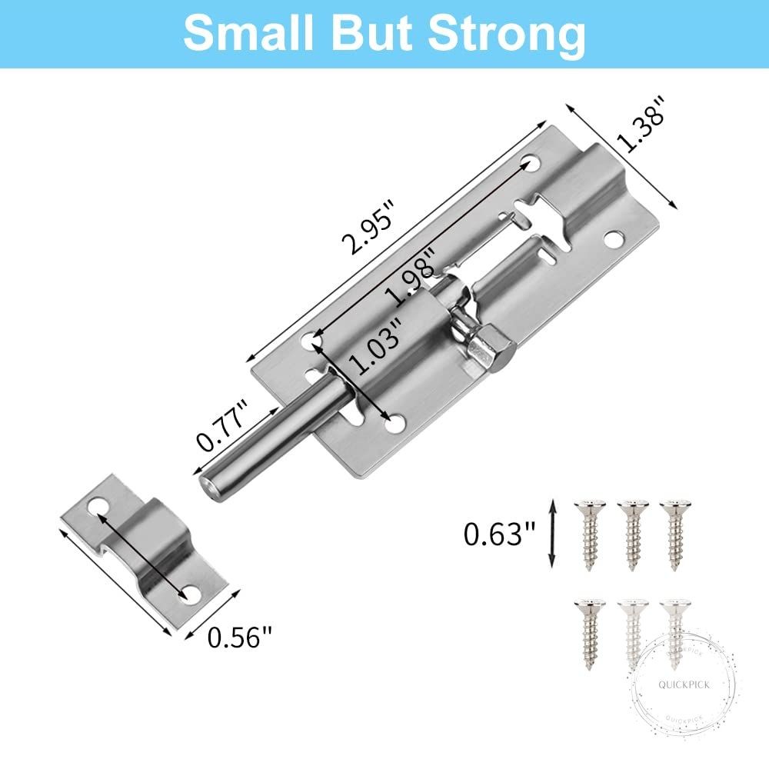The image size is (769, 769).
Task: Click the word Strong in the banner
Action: click(507, 35)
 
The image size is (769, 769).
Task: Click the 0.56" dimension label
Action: click(239, 637)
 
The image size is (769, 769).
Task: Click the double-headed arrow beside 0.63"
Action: click(552, 533)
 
